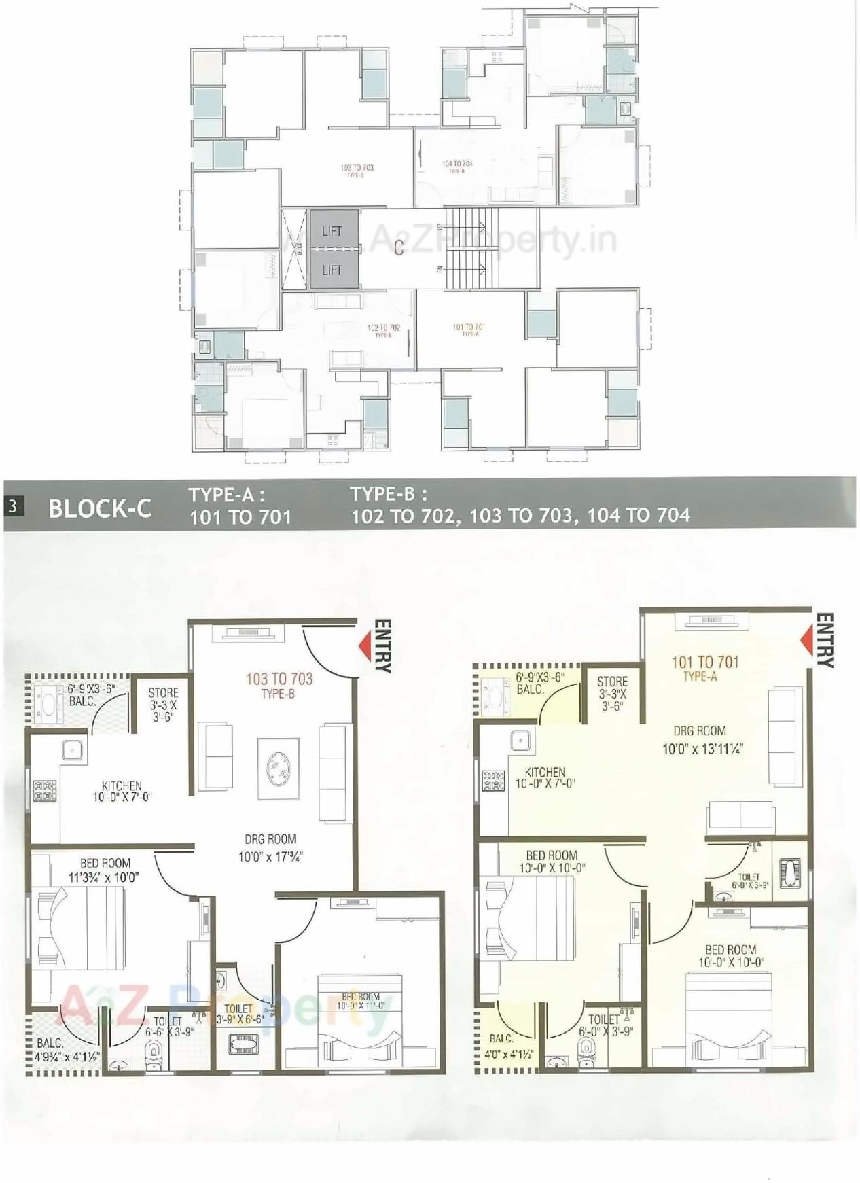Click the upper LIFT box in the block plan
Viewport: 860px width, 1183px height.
pos(333,231)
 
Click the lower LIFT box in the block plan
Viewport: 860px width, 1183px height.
pos(333,270)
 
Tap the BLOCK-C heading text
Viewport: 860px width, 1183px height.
pos(100,509)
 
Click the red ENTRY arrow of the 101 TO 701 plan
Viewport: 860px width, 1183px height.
pos(808,640)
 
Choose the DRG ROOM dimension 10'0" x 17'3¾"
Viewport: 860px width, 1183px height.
pos(270,858)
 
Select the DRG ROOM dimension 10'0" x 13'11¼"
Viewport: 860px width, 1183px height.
pos(702,749)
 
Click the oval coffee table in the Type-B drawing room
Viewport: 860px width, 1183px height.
pos(277,769)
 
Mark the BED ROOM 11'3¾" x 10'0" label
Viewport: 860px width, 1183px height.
pos(105,870)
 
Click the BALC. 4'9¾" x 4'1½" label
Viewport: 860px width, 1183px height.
pos(66,1050)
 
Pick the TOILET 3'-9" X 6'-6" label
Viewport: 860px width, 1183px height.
pos(239,1014)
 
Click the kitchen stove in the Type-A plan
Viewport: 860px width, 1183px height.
pos(493,781)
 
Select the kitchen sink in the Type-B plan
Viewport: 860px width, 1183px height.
pos(72,749)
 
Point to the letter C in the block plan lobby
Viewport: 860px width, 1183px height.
pos(399,248)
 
